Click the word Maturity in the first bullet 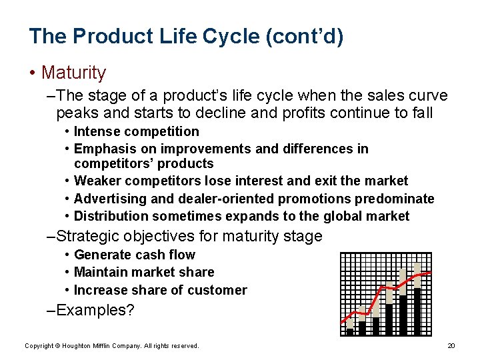click(73, 72)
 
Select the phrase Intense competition click(136, 131)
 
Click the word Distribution click(111, 216)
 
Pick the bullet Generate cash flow click(134, 255)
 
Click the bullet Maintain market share click(144, 272)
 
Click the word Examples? click(95, 310)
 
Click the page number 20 click(451, 345)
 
